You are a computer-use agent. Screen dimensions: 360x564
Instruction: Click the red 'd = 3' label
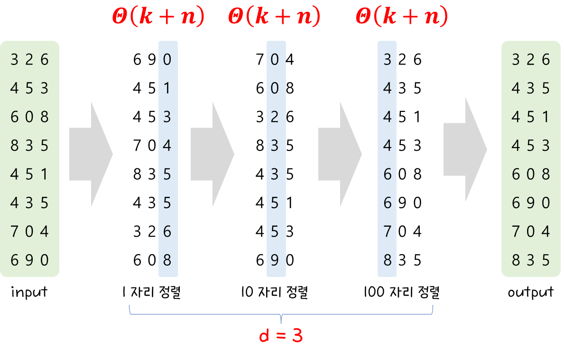[x=281, y=336]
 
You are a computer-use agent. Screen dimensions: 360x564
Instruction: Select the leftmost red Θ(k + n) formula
[x=158, y=17]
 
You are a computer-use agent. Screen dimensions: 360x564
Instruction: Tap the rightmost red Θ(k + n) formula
[x=401, y=17]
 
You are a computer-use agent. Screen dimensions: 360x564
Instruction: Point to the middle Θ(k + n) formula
[x=274, y=17]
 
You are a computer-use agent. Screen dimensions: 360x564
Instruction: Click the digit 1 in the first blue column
[x=167, y=88]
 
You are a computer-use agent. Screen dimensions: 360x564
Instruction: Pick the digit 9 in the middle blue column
[x=275, y=260]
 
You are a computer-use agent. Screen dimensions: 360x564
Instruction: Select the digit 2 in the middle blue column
[x=275, y=117]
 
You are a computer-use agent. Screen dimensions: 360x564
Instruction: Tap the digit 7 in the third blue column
[x=388, y=231]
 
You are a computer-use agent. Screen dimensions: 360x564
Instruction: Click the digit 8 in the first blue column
[x=167, y=260]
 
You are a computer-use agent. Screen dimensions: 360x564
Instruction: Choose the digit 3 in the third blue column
[x=388, y=60]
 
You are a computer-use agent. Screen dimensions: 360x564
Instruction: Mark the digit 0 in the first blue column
[x=167, y=60]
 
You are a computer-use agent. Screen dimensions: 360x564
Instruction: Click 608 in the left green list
[x=29, y=117]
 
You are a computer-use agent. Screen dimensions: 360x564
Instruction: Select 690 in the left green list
[x=29, y=260]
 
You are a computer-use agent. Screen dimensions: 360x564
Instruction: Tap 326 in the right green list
[x=531, y=60]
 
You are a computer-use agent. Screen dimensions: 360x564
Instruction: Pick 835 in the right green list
[x=531, y=260]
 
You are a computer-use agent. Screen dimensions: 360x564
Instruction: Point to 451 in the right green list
[x=531, y=117]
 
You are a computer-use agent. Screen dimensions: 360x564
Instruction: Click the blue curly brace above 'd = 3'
[x=281, y=313]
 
